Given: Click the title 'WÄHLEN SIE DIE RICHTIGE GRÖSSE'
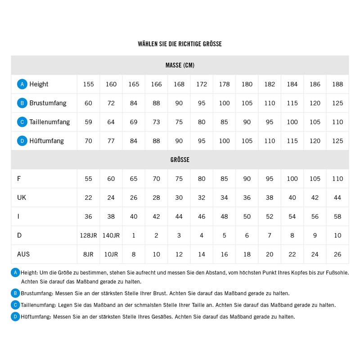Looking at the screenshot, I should point(180,44).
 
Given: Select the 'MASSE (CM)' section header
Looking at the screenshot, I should point(180,65).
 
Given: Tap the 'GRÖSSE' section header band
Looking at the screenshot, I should point(180,160).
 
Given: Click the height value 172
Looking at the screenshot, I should point(202,84).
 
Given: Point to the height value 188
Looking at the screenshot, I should point(337,84).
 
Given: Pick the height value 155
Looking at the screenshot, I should point(88,84).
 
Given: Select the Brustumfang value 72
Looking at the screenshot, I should point(111,103).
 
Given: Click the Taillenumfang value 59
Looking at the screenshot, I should point(88,122).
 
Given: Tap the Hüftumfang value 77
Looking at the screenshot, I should point(111,141).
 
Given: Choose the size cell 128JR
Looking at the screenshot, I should point(88,235).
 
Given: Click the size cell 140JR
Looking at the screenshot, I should point(111,235).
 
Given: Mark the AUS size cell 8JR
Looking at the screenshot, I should point(88,254).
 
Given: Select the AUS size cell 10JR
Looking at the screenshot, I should point(111,254).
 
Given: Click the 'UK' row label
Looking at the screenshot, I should point(22,198).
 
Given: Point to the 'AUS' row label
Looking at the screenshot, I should point(23,254).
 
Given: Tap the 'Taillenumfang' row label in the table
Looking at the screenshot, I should point(49,122).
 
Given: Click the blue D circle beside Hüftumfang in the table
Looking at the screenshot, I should point(22,141).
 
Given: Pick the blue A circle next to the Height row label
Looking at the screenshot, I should point(22,84).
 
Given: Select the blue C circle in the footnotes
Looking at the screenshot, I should point(16,305).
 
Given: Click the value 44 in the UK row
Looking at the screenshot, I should point(337,198).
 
